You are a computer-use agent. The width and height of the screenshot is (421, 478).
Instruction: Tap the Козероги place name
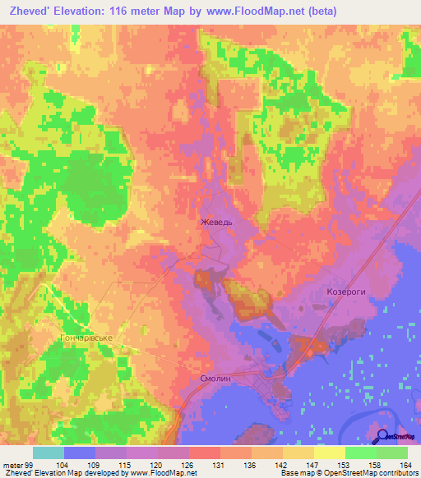click(340, 292)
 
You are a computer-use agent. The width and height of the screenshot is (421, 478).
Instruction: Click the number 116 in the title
click(146, 11)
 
